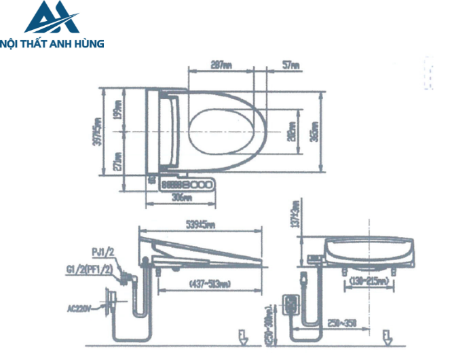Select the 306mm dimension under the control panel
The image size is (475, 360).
[x=180, y=198]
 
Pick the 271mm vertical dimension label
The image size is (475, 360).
[x=118, y=161]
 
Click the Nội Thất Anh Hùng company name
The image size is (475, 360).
[x=52, y=43]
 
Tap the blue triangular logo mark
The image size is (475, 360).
[x=52, y=18]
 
